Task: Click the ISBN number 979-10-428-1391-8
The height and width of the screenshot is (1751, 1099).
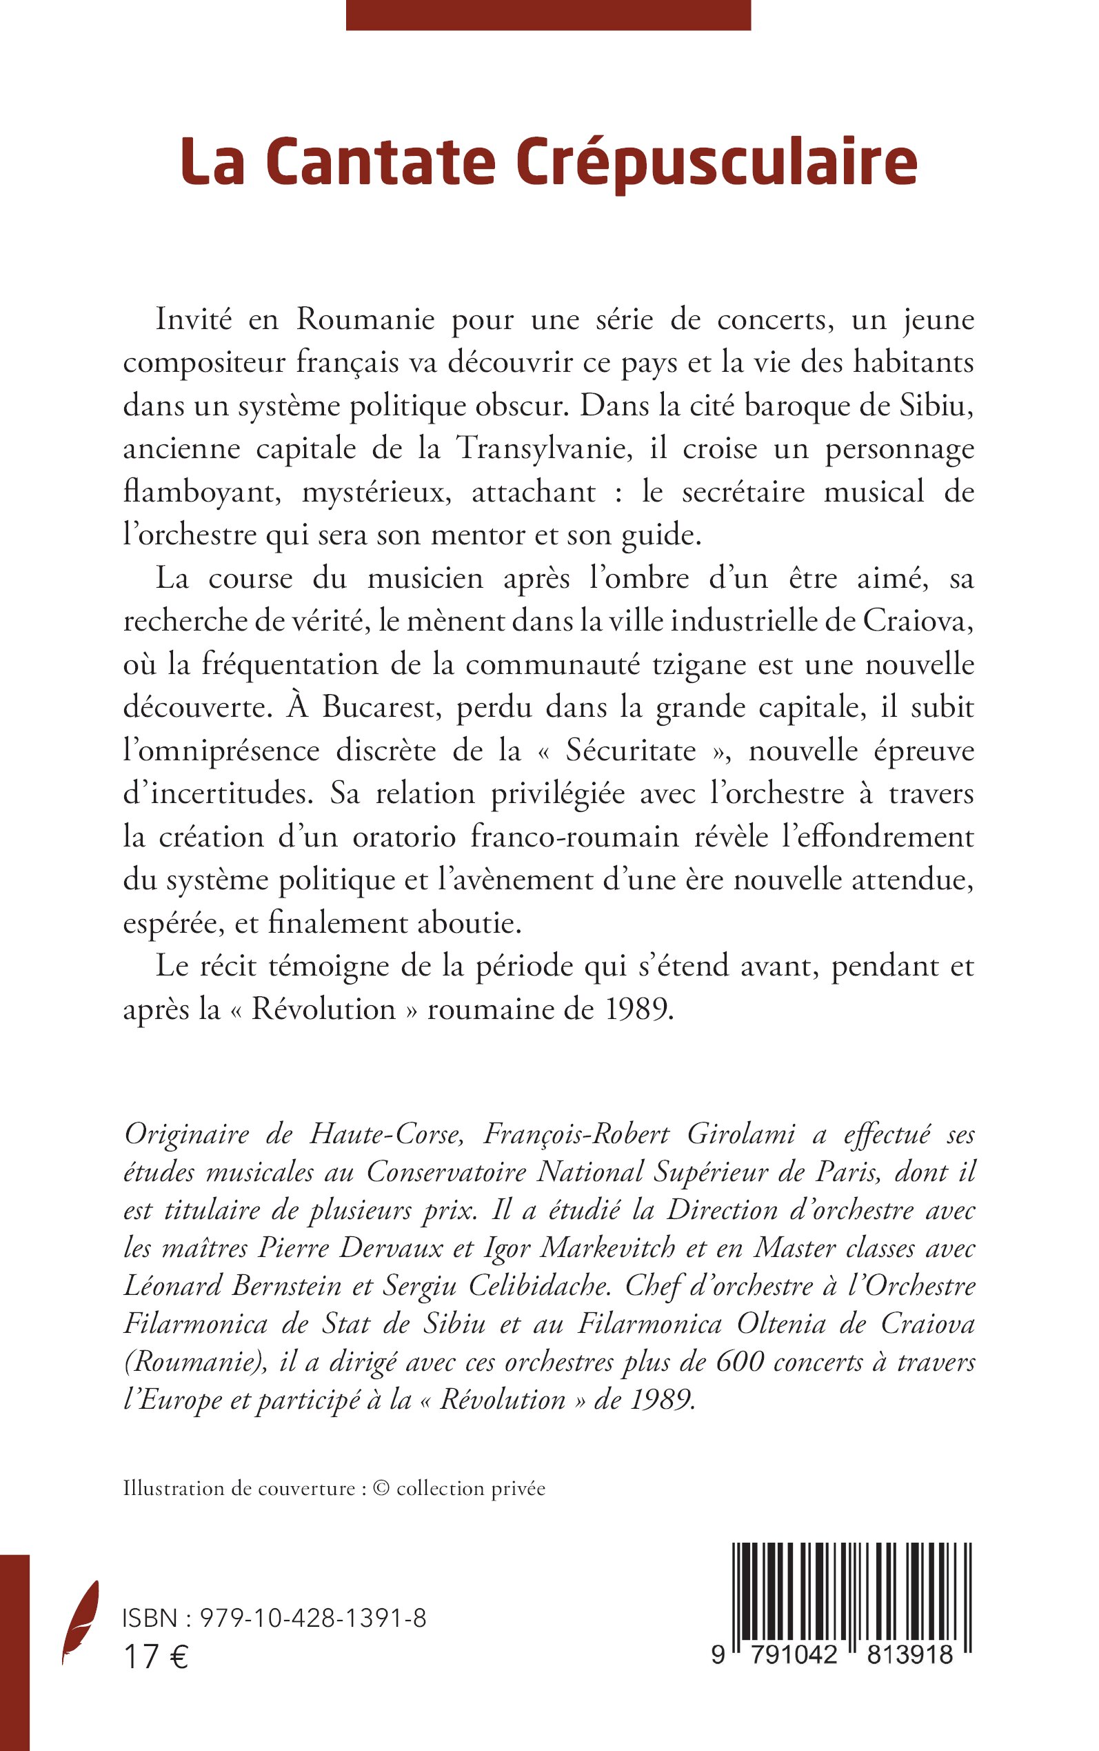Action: coord(312,1619)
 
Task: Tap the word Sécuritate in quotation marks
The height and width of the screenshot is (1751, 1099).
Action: coord(631,751)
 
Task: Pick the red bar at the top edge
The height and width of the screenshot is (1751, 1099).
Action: coord(548,14)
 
